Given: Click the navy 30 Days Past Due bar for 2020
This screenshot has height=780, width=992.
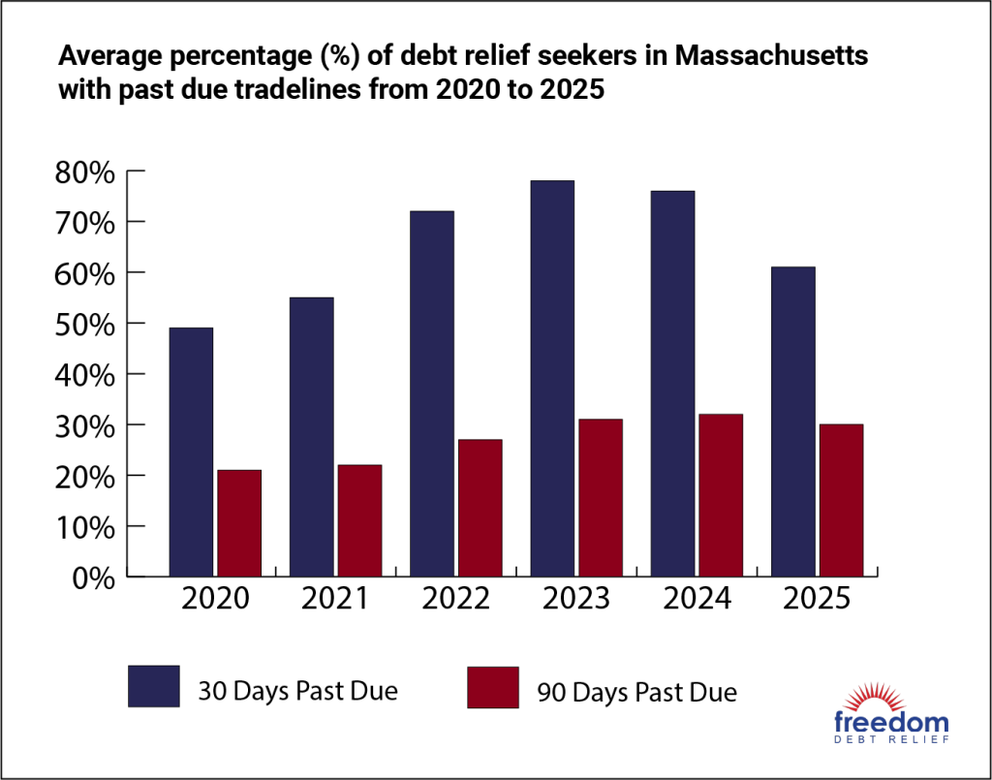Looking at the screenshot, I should point(191,452).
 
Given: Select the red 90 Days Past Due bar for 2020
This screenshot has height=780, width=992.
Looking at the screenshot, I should point(239,523).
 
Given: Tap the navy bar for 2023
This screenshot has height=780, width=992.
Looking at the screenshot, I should point(552,379).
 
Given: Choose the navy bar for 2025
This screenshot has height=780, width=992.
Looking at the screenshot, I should point(792,421).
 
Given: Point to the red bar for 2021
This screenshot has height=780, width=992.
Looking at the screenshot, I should point(359,520).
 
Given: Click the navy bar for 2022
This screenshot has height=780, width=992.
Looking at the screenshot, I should point(432,393).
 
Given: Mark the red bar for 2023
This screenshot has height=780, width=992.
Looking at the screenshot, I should point(601,498).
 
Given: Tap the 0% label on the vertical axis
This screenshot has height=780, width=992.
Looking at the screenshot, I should point(93,578).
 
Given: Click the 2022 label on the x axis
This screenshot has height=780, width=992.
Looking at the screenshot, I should point(457,599).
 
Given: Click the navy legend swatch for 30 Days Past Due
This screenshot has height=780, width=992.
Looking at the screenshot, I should point(153,686).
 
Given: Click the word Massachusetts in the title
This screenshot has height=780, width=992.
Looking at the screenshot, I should point(771,57).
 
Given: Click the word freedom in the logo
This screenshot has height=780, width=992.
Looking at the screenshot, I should point(891,722).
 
